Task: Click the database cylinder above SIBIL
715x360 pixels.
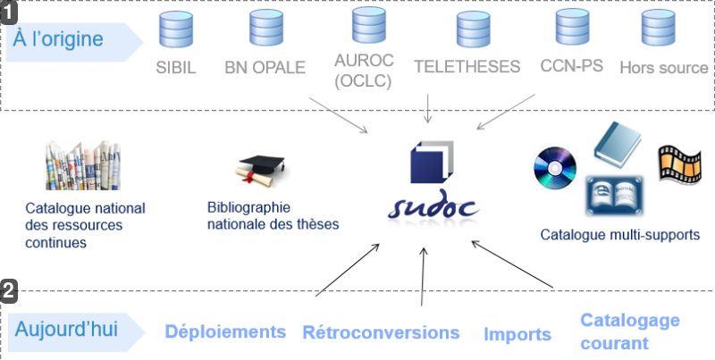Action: (175, 29)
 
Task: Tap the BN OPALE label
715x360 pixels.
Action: (265, 67)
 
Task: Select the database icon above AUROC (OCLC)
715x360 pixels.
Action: (369, 25)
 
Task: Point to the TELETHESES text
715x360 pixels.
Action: (467, 66)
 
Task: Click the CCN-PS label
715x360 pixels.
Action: (572, 65)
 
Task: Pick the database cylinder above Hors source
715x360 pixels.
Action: (658, 28)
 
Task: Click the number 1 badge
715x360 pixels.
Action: (9, 13)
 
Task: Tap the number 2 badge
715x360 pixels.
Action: (9, 291)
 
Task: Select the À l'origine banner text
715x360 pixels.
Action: (58, 38)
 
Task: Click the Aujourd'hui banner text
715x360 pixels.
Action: (66, 329)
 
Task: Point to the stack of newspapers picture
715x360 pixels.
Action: (83, 165)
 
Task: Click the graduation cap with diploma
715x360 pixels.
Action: (262, 171)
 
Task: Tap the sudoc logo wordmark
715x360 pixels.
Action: (433, 208)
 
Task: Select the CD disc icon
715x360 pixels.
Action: (555, 168)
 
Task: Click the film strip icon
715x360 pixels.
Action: (679, 164)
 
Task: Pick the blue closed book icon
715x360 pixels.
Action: (618, 145)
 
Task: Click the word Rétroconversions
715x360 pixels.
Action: (382, 332)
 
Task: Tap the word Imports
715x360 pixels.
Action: (517, 334)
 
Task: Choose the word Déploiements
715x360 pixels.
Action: (225, 331)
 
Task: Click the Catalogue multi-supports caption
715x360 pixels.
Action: (620, 235)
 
